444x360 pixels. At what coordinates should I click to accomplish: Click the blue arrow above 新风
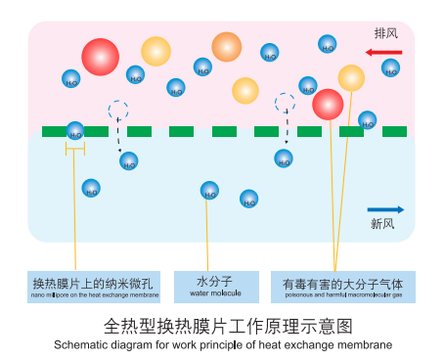click(x=385, y=209)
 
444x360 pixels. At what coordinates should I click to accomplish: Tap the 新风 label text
click(x=382, y=225)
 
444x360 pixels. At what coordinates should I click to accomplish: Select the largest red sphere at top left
click(x=100, y=57)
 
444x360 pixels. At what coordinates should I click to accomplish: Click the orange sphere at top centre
click(x=226, y=46)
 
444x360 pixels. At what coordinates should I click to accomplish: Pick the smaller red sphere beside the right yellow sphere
click(x=328, y=104)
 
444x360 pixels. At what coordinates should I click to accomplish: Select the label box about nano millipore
click(x=95, y=286)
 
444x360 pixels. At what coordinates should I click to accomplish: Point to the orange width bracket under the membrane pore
click(x=75, y=148)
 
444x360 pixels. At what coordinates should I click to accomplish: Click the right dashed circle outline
click(x=286, y=102)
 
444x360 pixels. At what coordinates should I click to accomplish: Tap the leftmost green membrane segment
click(x=54, y=131)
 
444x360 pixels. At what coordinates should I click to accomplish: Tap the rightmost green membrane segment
click(x=395, y=131)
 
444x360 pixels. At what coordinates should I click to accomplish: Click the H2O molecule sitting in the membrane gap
click(x=75, y=130)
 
